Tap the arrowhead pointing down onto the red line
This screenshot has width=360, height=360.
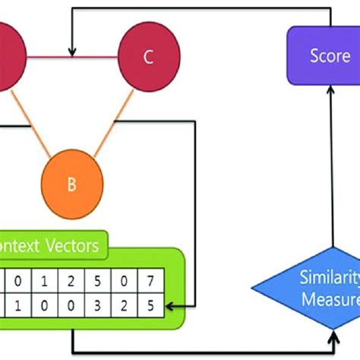[72, 51]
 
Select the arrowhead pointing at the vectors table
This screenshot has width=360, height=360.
[174, 306]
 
